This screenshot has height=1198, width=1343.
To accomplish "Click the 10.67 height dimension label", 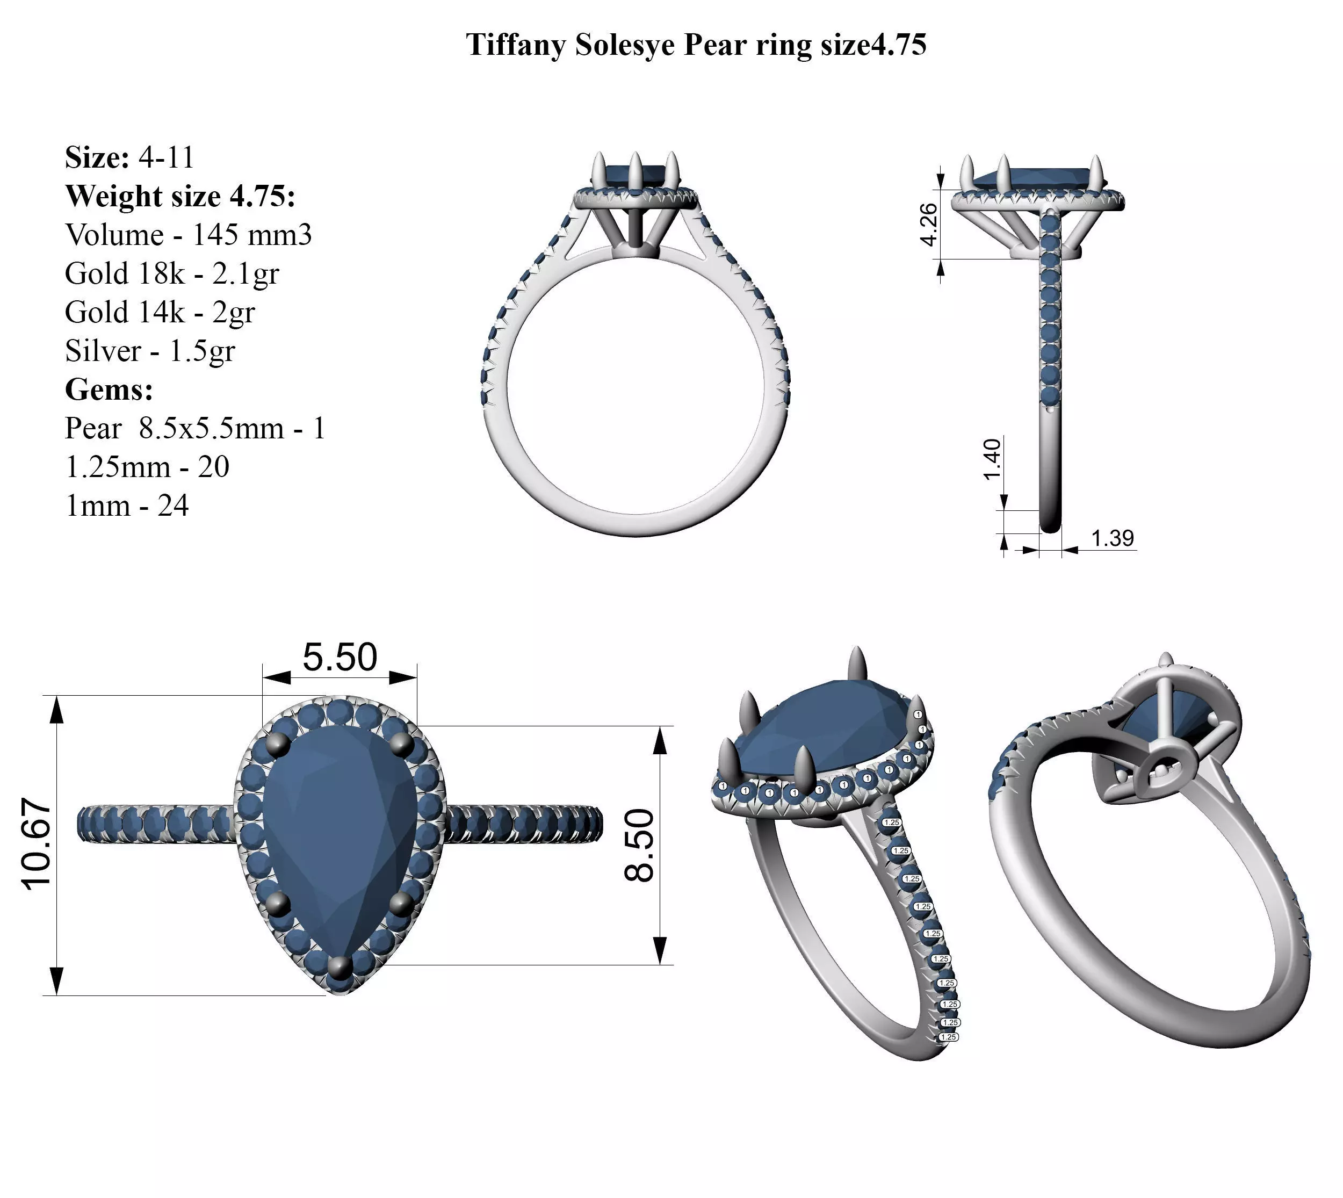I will (x=36, y=845).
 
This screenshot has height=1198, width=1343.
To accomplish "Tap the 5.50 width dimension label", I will (x=340, y=657).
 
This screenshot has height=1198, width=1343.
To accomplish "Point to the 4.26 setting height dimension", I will (x=928, y=225).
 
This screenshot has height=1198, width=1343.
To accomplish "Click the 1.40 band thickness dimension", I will (x=992, y=459).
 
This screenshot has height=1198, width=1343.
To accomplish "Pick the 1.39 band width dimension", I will (x=1112, y=538).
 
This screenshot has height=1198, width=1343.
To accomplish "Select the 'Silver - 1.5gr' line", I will (x=149, y=351).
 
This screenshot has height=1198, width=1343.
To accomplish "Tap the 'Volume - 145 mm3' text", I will (x=188, y=235).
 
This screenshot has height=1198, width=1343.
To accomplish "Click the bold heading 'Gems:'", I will (x=109, y=389).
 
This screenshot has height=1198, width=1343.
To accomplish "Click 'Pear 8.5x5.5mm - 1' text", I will (x=195, y=429).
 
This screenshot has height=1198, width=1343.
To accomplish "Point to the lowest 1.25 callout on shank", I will (x=949, y=1037).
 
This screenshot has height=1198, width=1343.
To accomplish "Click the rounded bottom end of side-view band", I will (x=1050, y=526).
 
